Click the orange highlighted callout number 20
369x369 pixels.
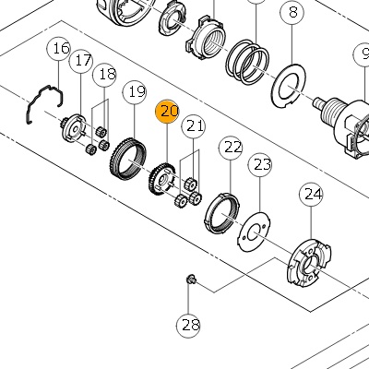167,112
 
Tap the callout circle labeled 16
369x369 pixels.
59,49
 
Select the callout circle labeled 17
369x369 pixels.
81,61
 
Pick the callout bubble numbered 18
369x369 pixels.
104,75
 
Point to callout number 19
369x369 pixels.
135,92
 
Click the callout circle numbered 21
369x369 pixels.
194,126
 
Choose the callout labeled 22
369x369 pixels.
231,148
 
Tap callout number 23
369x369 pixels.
260,165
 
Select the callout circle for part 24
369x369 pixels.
311,195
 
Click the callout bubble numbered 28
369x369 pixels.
188,326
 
